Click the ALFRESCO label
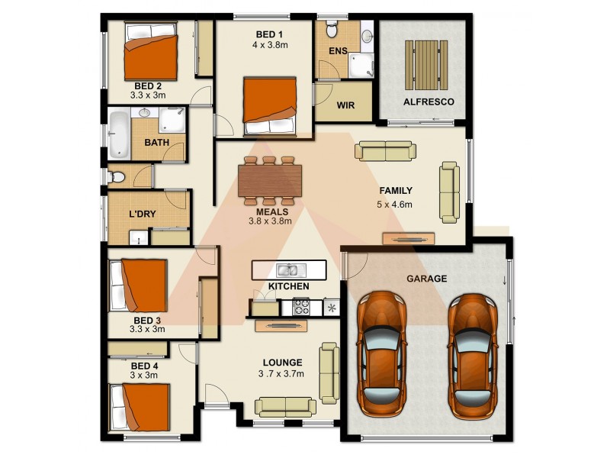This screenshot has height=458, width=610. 428,102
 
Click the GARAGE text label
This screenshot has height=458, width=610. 426,279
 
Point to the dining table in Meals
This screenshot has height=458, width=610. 268,181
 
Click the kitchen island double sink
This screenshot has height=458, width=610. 287,269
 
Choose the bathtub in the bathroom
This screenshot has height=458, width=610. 119,135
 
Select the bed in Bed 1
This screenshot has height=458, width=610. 269,106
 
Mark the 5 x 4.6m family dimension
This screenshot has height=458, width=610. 394,205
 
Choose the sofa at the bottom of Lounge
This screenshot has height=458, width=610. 285,406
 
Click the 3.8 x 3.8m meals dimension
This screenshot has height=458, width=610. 271,222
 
